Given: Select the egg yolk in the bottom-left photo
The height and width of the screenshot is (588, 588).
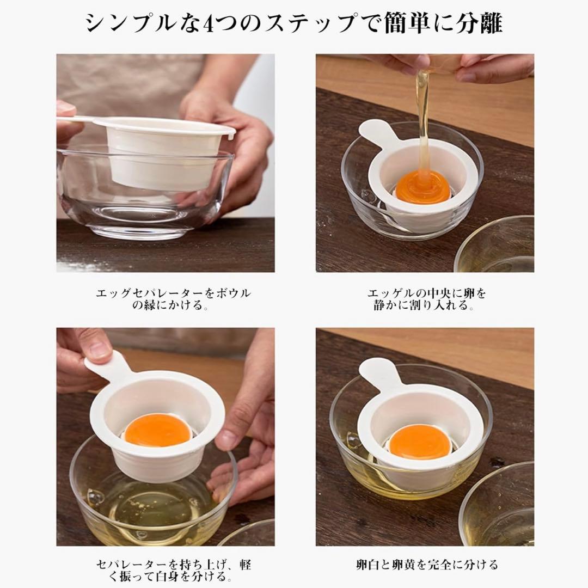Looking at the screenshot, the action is pyautogui.click(x=158, y=430).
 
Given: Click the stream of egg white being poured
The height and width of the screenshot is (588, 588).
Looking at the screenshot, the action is pyautogui.click(x=423, y=124).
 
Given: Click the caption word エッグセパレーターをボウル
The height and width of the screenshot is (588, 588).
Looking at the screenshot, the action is pyautogui.click(x=173, y=293).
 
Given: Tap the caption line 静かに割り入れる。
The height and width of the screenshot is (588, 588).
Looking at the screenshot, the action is pyautogui.click(x=424, y=305).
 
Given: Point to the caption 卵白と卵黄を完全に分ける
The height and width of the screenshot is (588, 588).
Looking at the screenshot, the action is pyautogui.click(x=427, y=565).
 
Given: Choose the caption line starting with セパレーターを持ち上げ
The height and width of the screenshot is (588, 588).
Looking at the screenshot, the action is pyautogui.click(x=174, y=565).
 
